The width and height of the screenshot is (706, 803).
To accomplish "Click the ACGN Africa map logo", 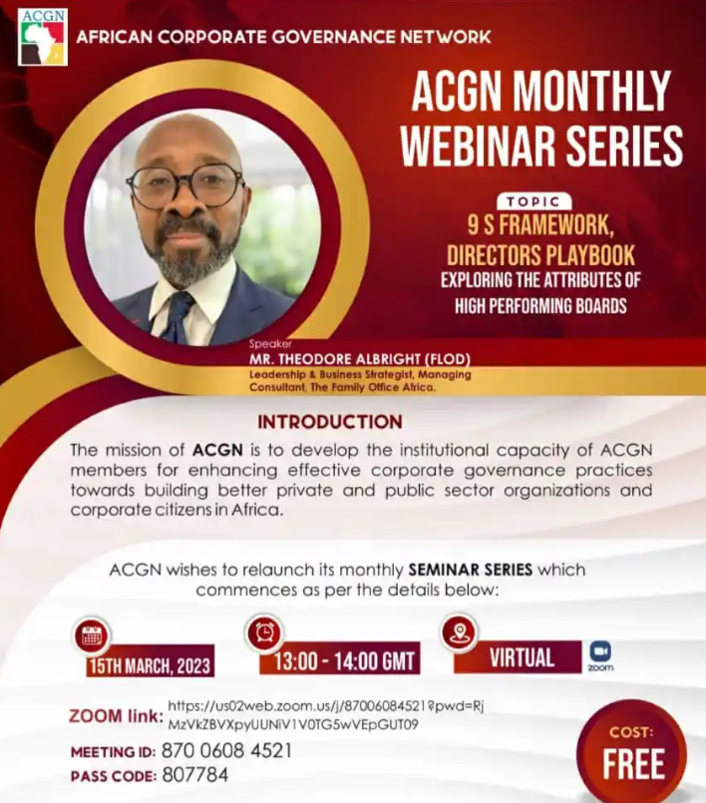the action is point(43,37).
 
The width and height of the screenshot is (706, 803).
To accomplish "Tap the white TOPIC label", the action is point(533,201).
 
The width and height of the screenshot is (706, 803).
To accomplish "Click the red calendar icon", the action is point(92,636).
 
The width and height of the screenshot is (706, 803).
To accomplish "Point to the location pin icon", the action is point(459,631).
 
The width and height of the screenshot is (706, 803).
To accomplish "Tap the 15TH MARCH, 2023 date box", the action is point(150,665).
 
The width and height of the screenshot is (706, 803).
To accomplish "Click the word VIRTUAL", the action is point(523,657).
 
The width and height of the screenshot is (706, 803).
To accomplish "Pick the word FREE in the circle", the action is point(633,763).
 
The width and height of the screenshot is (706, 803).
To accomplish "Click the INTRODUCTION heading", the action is point(330,422).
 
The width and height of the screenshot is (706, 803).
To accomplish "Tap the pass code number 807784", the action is point(195,775).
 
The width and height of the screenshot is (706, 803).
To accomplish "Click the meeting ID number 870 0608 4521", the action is point(226,751).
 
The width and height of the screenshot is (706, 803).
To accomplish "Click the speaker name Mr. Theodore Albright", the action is point(359,359).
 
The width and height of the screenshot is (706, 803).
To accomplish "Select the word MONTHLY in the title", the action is point(592,91).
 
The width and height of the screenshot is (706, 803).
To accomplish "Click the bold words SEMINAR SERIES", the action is point(471,570).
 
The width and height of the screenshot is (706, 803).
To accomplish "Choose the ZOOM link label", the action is point(117,715).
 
